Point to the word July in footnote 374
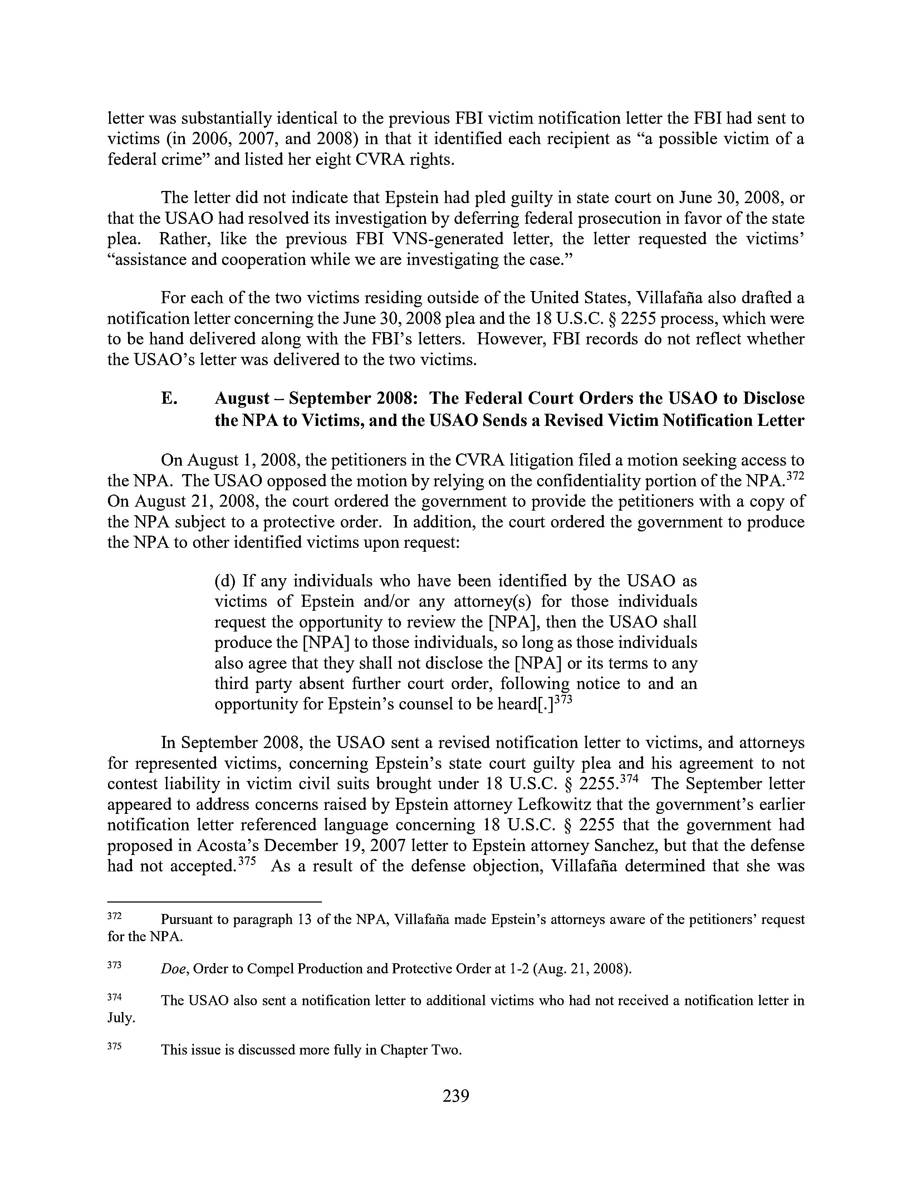121,1018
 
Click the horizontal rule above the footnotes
215,902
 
